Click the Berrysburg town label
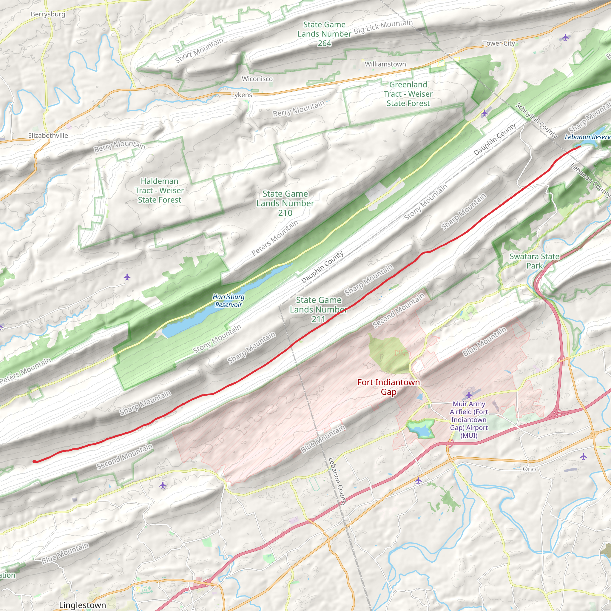tap(48, 14)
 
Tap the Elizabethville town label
tap(48, 136)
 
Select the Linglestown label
tap(83, 605)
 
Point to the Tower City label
tap(499, 43)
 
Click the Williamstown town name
tap(385, 64)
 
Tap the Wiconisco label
tap(257, 79)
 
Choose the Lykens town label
tap(242, 95)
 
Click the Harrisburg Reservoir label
tap(228, 301)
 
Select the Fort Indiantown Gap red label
tap(388, 387)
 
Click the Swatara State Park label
tap(534, 261)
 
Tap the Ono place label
tap(529, 469)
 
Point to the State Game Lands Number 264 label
tap(324, 34)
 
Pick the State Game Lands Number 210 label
tap(285, 203)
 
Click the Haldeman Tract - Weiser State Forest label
tap(159, 190)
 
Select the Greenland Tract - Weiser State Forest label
tap(408, 94)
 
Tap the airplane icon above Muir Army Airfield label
tap(469, 395)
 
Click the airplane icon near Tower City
tap(565, 38)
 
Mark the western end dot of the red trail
tap(34, 462)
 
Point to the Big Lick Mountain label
tap(383, 27)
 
